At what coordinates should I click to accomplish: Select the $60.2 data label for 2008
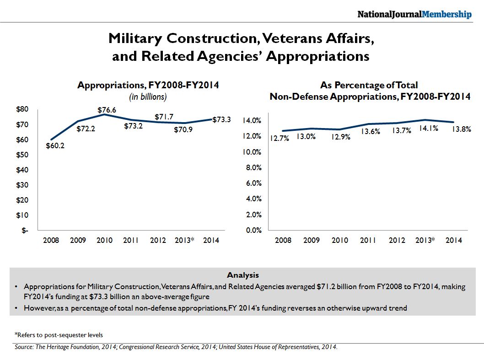pyautogui.click(x=55, y=146)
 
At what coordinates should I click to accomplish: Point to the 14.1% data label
pyautogui.click(x=428, y=129)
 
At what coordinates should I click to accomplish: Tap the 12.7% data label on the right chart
pyautogui.click(x=279, y=139)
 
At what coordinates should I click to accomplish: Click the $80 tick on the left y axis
pyautogui.click(x=23, y=109)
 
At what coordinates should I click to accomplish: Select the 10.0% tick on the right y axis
pyautogui.click(x=253, y=152)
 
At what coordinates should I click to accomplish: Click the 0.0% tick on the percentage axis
pyautogui.click(x=254, y=231)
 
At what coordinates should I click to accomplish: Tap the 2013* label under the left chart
pyautogui.click(x=184, y=241)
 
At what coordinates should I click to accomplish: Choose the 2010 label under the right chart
pyautogui.click(x=339, y=241)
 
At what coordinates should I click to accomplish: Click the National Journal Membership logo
pyautogui.click(x=414, y=15)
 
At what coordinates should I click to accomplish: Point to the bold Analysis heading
pyautogui.click(x=242, y=275)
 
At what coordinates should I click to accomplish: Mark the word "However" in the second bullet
pyautogui.click(x=39, y=308)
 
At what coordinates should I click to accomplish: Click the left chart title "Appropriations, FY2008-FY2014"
pyautogui.click(x=148, y=85)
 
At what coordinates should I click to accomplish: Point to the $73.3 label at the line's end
pyautogui.click(x=221, y=119)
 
